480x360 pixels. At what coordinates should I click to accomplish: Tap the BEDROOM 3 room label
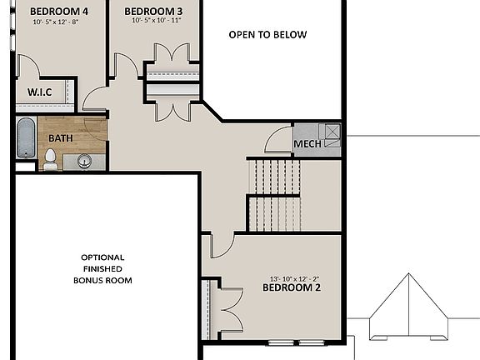[x=153, y=12]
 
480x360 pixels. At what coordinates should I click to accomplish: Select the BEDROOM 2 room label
[x=291, y=287]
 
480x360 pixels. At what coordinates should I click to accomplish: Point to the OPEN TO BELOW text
[x=267, y=35]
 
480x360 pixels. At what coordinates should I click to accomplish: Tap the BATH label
[x=60, y=137]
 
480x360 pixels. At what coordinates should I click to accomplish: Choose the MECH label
[x=307, y=144]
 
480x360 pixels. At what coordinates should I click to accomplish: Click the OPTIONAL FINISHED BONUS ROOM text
[x=102, y=268]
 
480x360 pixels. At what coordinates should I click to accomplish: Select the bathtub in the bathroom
[x=25, y=138]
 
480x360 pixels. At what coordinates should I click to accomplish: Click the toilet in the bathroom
[x=50, y=157]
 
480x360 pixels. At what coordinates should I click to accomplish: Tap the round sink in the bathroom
[x=84, y=161]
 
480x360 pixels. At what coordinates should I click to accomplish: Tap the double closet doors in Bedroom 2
[x=226, y=309]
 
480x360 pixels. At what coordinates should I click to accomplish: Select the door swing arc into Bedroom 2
[x=221, y=247]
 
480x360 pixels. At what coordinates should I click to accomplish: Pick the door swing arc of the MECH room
[x=277, y=142]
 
